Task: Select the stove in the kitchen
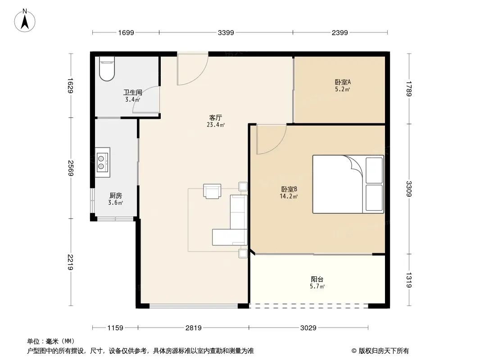click(x=102, y=162)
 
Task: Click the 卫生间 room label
click(x=133, y=92)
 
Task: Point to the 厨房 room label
click(x=115, y=195)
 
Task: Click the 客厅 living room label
click(x=216, y=117)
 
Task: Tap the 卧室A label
click(x=343, y=82)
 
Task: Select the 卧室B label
click(x=289, y=189)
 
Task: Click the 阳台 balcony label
click(x=317, y=279)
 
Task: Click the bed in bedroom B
click(x=348, y=184)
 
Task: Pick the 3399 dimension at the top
click(x=226, y=33)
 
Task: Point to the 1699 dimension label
click(x=126, y=33)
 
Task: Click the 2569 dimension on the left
click(x=70, y=168)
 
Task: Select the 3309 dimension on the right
click(x=409, y=189)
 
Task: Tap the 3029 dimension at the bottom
click(x=308, y=328)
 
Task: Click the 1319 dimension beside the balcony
click(x=409, y=280)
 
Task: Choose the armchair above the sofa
click(x=212, y=191)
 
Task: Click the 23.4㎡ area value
click(x=216, y=125)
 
